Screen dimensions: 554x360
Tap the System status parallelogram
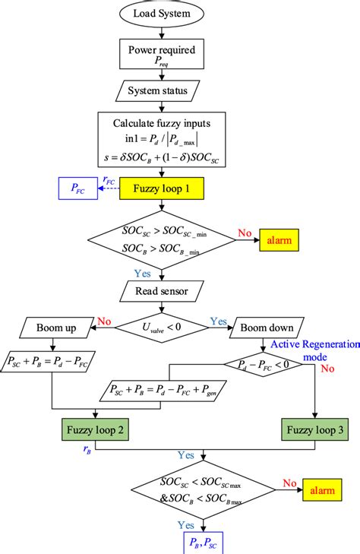(x=159, y=92)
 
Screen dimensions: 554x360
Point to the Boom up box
(x=52, y=328)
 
